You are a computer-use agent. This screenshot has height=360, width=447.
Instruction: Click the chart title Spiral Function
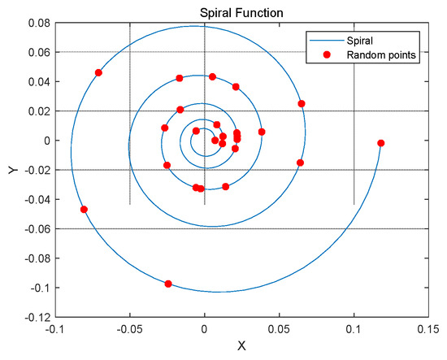(241, 13)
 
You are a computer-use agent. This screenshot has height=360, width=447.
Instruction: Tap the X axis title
(241, 345)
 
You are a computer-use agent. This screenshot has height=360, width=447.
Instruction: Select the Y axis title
(13, 170)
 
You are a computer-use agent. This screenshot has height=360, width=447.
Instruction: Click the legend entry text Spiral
(359, 41)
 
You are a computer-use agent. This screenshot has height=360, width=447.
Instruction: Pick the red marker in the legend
(327, 54)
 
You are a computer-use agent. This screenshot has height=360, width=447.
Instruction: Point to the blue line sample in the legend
(327, 41)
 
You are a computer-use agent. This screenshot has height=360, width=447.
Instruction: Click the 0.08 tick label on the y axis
(39, 23)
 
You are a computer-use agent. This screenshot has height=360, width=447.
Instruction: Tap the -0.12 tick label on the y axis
(37, 317)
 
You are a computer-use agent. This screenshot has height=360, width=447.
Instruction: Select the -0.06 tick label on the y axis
(37, 228)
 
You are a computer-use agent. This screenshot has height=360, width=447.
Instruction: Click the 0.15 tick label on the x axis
(428, 329)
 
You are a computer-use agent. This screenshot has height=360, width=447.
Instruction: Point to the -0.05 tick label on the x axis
(130, 329)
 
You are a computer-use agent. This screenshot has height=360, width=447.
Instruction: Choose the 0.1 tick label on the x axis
(354, 329)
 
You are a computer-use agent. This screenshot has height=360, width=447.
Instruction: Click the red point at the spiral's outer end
(381, 143)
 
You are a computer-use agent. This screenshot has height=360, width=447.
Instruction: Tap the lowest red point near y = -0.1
(168, 284)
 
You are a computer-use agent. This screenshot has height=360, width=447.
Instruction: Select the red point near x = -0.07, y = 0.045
(98, 72)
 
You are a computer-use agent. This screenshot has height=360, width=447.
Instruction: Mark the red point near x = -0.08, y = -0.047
(84, 210)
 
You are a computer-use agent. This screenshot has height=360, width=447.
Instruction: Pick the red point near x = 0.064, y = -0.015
(300, 163)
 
